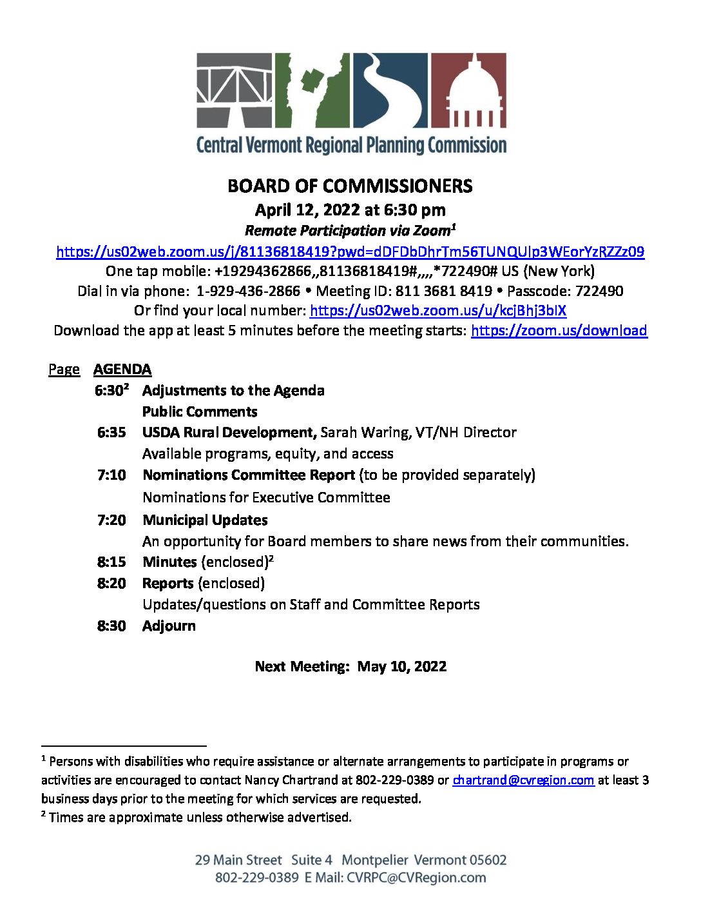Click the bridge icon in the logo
tap(235, 90)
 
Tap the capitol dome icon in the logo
tap(468, 90)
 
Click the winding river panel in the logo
tap(389, 90)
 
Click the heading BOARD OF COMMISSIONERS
tap(350, 186)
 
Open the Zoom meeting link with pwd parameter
tap(350, 252)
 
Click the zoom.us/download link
tap(559, 331)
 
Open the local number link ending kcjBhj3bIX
tap(437, 311)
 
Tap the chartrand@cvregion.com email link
tap(523, 780)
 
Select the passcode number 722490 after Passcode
tap(599, 291)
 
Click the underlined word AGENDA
tap(122, 370)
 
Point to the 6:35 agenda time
tap(111, 432)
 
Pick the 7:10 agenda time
tap(111, 475)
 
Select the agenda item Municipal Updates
tap(205, 520)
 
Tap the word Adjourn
tap(169, 626)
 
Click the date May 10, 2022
tap(401, 666)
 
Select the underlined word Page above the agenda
tap(64, 370)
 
